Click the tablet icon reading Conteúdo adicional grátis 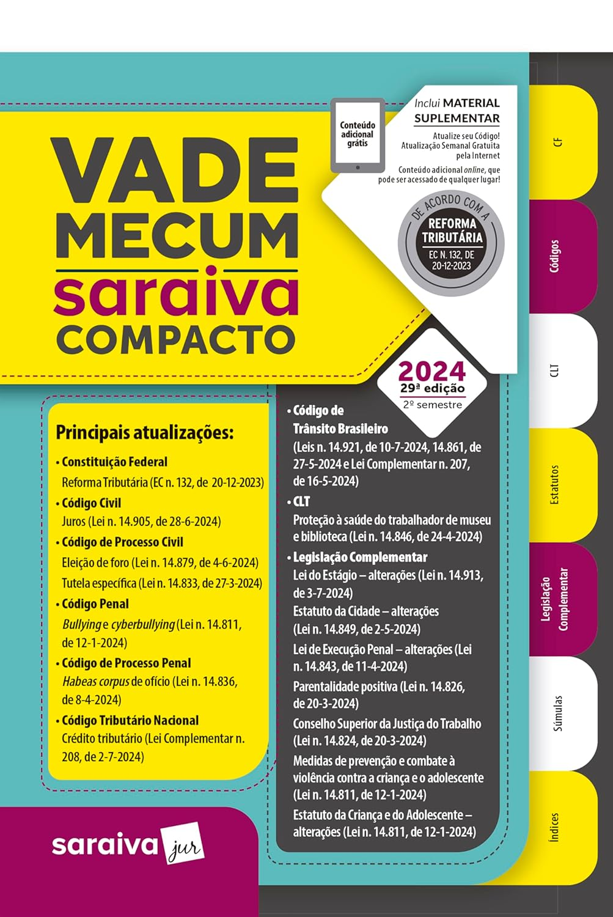(x=358, y=135)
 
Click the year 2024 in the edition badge (x=432, y=371)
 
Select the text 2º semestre (x=432, y=405)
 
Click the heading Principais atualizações (x=145, y=433)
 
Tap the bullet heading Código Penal (x=95, y=604)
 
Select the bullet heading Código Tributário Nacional (x=130, y=720)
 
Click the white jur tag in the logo (x=182, y=846)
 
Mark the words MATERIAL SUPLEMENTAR (x=457, y=111)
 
